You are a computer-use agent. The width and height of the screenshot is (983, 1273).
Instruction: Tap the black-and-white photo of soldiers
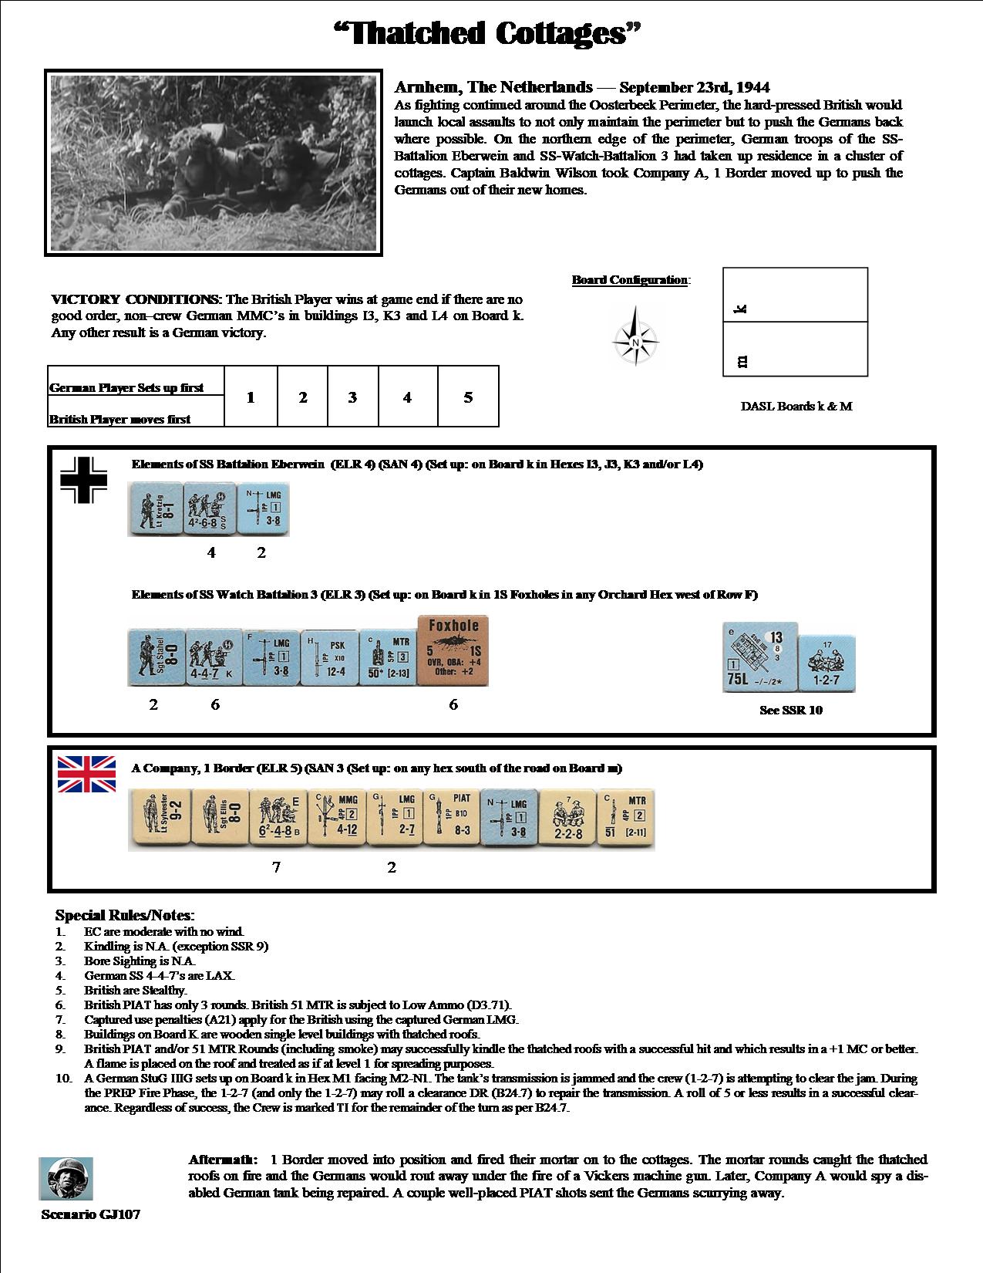coord(214,163)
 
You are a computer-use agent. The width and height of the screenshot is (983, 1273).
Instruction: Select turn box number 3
coord(352,397)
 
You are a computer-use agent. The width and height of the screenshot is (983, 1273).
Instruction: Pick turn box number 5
coord(468,397)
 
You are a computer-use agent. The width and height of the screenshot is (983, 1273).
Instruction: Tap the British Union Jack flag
coord(87,774)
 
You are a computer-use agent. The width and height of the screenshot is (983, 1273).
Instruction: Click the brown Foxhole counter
coord(453,650)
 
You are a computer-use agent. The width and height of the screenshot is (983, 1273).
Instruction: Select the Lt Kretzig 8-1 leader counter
coord(154,509)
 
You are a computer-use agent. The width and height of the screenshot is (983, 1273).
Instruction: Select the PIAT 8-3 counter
coord(451,819)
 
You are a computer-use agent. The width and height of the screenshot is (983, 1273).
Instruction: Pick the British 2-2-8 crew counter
coord(567,819)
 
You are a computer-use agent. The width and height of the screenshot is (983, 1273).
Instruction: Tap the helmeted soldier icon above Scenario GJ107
coord(66,1178)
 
